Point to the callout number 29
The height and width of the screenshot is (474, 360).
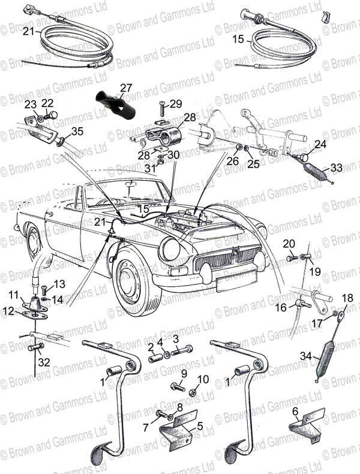[x=175, y=104]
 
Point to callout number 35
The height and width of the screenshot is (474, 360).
[x=77, y=131]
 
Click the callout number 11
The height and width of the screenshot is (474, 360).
[x=13, y=295]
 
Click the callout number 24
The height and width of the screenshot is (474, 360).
[x=320, y=144]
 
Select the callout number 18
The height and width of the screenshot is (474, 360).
[x=347, y=298]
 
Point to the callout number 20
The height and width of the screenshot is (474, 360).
[x=289, y=243]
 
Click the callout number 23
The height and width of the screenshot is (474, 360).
[x=31, y=104]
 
